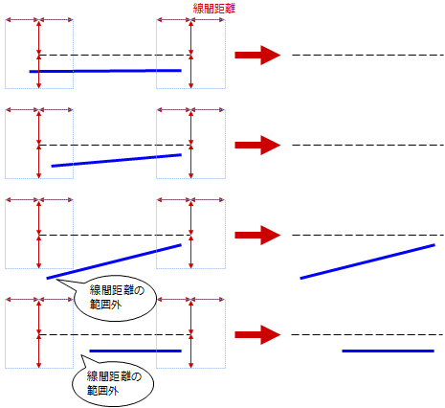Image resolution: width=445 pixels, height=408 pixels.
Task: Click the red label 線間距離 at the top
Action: [x=214, y=9]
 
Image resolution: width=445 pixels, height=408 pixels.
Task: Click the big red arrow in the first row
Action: [x=257, y=56]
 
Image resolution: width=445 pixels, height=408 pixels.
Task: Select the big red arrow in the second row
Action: [x=257, y=146]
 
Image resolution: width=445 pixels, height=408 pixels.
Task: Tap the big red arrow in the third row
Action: [x=257, y=236]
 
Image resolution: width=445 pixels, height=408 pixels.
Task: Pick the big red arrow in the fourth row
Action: [x=257, y=335]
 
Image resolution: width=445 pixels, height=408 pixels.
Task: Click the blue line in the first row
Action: [x=105, y=71]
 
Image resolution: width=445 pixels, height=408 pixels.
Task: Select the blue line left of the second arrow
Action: [x=117, y=161]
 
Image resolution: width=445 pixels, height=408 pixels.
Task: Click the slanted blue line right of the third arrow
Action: [x=367, y=261]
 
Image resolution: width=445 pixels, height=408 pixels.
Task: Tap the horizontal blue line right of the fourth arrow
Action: [x=389, y=351]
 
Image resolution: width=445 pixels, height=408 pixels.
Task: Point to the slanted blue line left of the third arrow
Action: [x=114, y=261]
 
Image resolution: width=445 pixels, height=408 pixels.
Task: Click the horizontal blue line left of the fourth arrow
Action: [x=136, y=351]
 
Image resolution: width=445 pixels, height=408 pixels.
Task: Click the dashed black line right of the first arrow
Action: [x=368, y=56]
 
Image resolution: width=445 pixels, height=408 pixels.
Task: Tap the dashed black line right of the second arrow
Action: [x=368, y=146]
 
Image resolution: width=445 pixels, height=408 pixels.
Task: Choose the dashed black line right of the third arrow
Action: [x=368, y=236]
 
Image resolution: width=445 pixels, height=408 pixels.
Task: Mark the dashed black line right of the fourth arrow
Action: [x=368, y=335]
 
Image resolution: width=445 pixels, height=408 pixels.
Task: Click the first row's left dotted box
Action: [x=6, y=55]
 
